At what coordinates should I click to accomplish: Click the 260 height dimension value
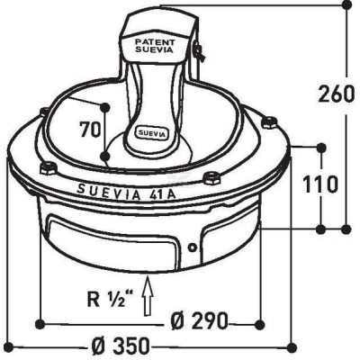[336, 94]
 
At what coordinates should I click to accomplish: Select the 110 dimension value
[320, 184]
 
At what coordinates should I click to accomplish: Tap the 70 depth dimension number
[90, 130]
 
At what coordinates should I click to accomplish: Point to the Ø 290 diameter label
[199, 321]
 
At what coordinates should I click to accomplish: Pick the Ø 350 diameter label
[120, 346]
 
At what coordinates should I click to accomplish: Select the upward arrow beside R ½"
[148, 296]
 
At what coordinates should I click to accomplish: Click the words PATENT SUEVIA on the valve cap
[154, 46]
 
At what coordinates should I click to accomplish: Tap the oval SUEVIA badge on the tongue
[153, 133]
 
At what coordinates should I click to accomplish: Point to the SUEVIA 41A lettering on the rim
[127, 192]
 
